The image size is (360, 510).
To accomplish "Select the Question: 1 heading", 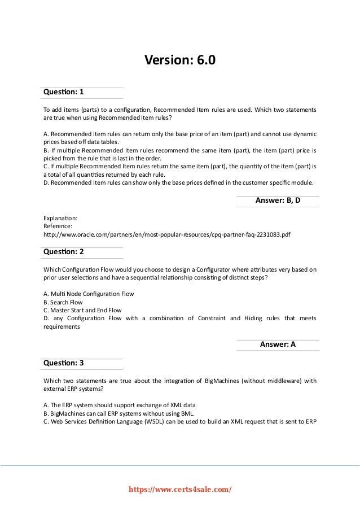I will tap(63, 91).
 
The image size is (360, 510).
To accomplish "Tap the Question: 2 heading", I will tap(63, 251).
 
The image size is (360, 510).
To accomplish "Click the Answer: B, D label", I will tap(278, 200).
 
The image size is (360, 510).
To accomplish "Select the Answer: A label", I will tap(278, 344).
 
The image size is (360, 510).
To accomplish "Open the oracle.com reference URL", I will tap(170, 234).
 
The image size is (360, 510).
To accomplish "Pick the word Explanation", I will tap(60, 217).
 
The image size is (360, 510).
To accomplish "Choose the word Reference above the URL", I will tap(58, 225).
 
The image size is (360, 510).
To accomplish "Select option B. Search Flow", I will tap(63, 302).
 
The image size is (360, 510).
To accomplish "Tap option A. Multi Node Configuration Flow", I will tap(88, 294).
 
